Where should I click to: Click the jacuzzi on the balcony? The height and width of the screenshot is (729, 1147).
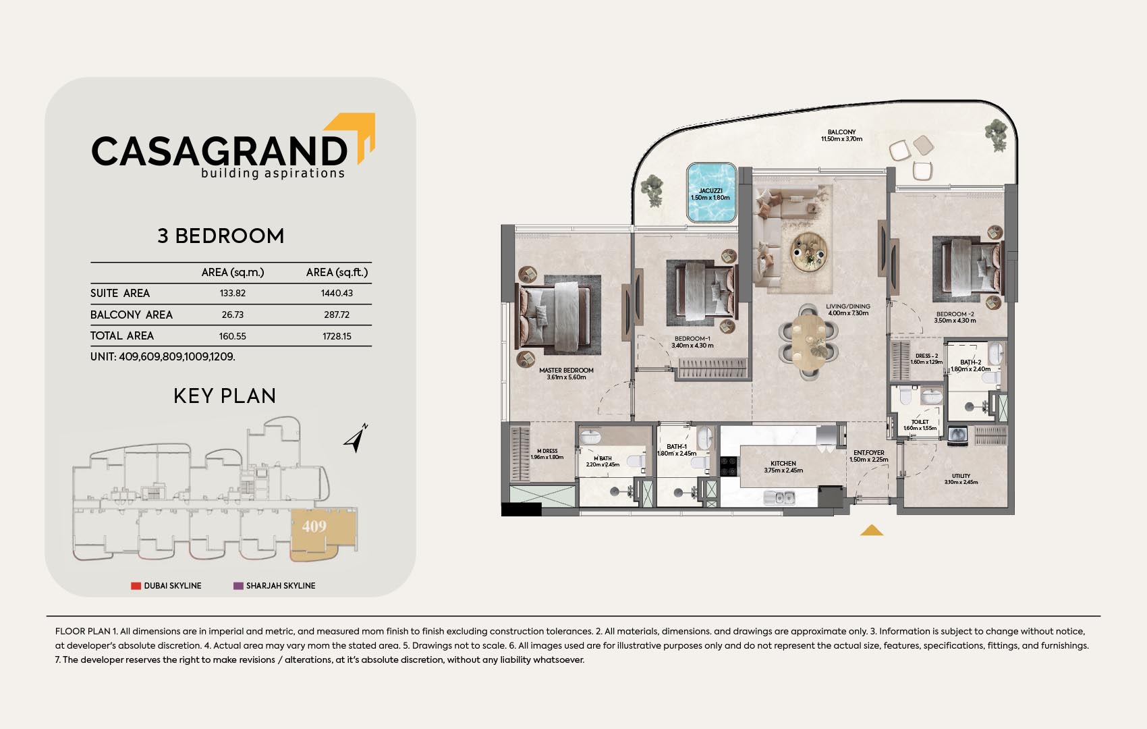[x=712, y=192]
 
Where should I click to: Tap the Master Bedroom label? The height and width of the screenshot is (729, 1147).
[x=566, y=371]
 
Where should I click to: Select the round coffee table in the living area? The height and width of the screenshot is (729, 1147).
[x=808, y=252]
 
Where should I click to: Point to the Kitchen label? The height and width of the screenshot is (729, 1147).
[x=783, y=463]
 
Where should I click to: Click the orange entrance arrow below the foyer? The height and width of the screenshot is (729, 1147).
[x=872, y=531]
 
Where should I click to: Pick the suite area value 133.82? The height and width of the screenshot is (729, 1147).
[x=233, y=293]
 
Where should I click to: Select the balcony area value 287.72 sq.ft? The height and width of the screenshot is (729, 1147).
[x=337, y=315]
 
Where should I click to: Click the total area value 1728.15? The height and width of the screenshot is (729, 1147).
[x=337, y=336]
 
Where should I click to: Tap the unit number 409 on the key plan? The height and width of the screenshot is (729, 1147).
[x=314, y=526]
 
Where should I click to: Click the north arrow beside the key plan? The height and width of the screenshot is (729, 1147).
[x=356, y=439]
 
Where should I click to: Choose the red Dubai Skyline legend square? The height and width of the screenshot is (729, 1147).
[x=136, y=586]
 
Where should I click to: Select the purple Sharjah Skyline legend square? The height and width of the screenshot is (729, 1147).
[x=238, y=586]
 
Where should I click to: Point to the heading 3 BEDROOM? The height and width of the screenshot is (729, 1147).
[x=221, y=236]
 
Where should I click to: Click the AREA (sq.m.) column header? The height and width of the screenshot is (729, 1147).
[x=233, y=273]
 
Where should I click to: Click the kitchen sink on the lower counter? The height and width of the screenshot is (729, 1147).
[x=779, y=497]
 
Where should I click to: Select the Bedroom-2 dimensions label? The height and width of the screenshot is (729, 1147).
[x=955, y=321]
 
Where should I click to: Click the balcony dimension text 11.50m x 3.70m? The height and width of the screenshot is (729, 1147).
[x=842, y=139]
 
